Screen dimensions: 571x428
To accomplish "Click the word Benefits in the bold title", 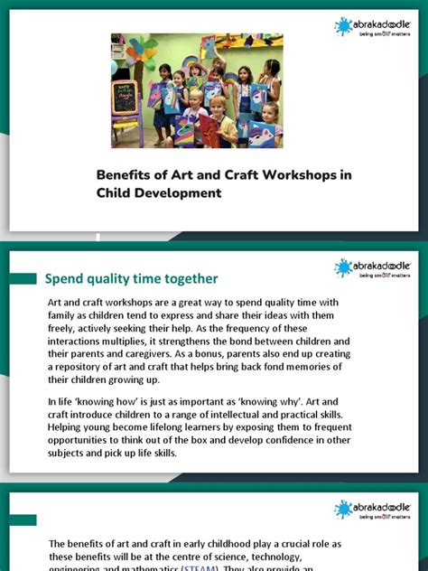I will tap(125, 175).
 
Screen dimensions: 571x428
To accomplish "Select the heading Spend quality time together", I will tap(131, 278).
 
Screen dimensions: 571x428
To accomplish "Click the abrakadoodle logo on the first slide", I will tap(372, 27).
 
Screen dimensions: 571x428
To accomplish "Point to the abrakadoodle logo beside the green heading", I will tap(372, 267).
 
